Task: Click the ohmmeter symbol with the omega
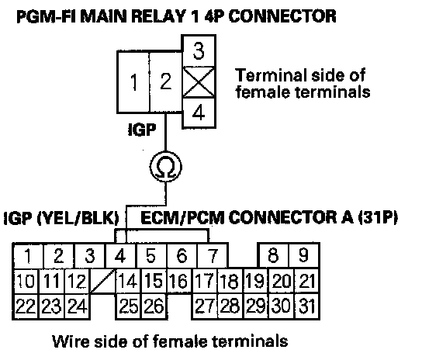[166, 167]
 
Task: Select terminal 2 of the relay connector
[166, 82]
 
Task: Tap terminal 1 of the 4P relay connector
[133, 82]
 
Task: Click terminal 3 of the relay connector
[199, 51]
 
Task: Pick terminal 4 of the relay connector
[199, 112]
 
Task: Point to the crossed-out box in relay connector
[199, 82]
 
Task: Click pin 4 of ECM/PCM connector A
[121, 255]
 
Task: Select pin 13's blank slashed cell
[102, 281]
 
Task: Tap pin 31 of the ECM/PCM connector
[307, 306]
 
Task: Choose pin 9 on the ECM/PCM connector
[304, 255]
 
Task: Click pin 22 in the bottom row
[26, 306]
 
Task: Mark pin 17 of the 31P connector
[205, 281]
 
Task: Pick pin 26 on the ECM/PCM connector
[154, 306]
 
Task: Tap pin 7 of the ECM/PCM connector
[213, 255]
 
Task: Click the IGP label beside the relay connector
[142, 130]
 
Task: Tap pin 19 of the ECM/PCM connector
[256, 281]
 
